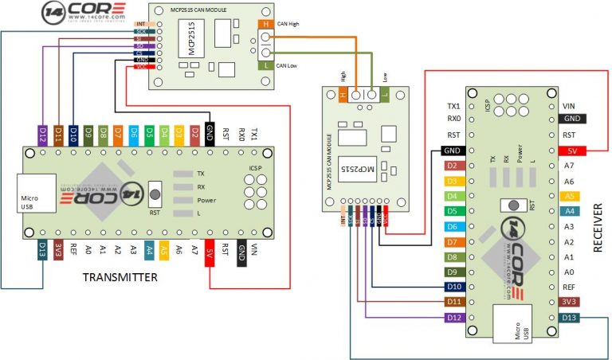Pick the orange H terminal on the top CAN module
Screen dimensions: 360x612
[265, 25]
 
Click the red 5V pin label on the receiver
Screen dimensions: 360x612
[571, 151]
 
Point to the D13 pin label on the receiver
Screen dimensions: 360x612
[571, 318]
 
